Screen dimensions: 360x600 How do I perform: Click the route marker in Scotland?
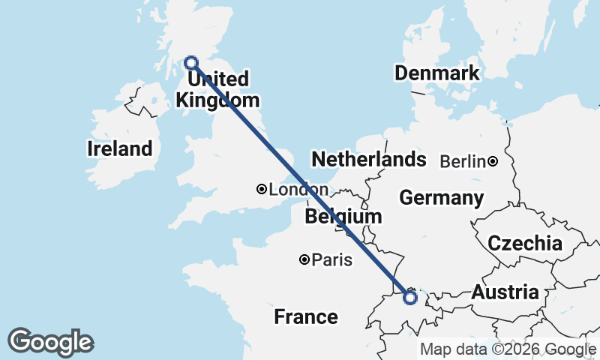(191, 62)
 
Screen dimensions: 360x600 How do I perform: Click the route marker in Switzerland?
(410, 298)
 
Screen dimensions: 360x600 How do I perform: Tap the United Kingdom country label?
(217, 89)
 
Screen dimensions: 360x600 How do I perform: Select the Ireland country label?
(119, 148)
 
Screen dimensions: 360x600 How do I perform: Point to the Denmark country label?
(436, 73)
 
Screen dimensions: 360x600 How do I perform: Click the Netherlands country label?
(368, 159)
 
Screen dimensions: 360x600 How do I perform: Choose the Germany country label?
(441, 198)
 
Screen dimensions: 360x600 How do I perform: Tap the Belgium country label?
(343, 217)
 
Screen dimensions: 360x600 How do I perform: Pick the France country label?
(305, 316)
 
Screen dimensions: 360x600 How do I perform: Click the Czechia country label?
(525, 243)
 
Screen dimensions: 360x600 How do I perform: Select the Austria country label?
(505, 292)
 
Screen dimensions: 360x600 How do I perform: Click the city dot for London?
(261, 190)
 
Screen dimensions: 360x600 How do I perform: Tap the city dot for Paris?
(304, 259)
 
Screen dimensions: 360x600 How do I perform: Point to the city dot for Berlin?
(493, 161)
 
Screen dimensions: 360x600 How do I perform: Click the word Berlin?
(463, 161)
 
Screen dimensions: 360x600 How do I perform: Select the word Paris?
(332, 260)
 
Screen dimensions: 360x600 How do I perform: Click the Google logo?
(50, 342)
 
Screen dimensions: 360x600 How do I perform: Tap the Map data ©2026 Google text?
(508, 349)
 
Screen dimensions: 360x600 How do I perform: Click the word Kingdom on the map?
(217, 100)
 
